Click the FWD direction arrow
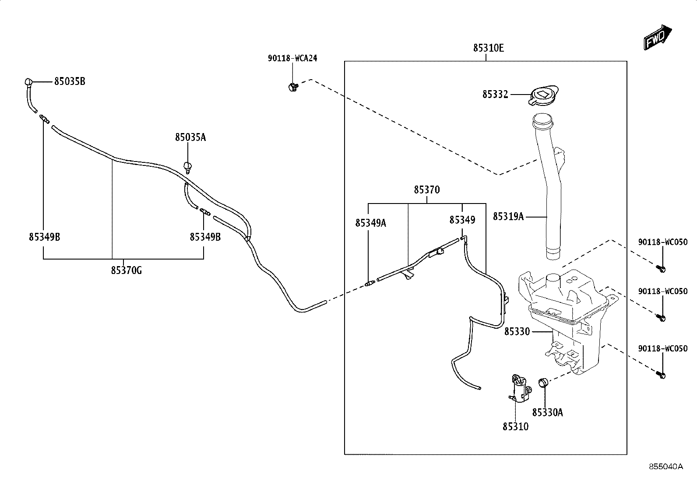click(657, 38)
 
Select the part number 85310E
click(489, 48)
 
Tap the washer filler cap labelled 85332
click(543, 95)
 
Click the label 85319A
click(508, 217)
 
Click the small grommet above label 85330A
click(542, 383)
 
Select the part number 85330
click(517, 332)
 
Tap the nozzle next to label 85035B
click(28, 82)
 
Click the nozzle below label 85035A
click(188, 167)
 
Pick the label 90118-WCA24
click(292, 59)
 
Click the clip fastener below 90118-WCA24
click(293, 87)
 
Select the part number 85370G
click(127, 270)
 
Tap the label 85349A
click(370, 223)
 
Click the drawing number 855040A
click(666, 467)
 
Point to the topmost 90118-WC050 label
click(663, 242)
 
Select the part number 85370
click(426, 190)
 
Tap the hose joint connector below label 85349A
click(370, 284)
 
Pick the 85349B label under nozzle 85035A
click(205, 237)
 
